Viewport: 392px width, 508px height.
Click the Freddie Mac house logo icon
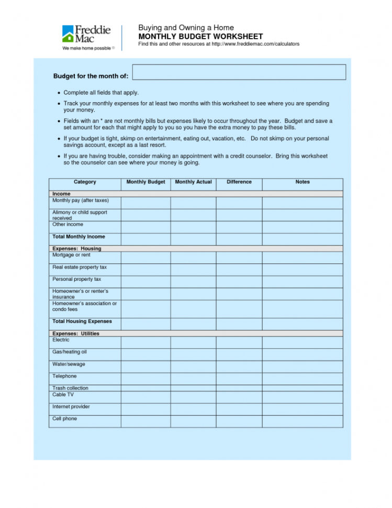(x=69, y=34)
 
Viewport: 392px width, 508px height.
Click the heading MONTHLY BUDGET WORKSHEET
(x=200, y=37)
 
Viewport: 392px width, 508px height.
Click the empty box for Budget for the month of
(x=239, y=72)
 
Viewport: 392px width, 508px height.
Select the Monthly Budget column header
(x=145, y=182)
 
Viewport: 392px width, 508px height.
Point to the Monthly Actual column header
(x=193, y=182)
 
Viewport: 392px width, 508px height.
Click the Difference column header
(x=239, y=182)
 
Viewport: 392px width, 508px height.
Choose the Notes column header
(x=303, y=182)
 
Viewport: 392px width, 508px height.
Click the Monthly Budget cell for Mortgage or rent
(x=145, y=257)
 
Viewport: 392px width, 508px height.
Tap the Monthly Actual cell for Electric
(x=193, y=342)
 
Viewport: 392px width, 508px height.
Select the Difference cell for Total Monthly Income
(x=239, y=239)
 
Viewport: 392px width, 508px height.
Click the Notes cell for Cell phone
(x=303, y=421)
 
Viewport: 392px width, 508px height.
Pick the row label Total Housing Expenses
(x=82, y=322)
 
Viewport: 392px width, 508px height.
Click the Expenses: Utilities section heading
(x=76, y=334)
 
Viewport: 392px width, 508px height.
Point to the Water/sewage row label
(x=69, y=364)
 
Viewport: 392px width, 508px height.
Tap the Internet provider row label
(x=71, y=407)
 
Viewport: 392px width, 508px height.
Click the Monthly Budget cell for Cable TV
(x=145, y=396)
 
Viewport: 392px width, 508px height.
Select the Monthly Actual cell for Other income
(x=193, y=227)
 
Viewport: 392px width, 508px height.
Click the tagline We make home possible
(x=86, y=48)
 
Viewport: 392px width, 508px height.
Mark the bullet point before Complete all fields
(x=59, y=93)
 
